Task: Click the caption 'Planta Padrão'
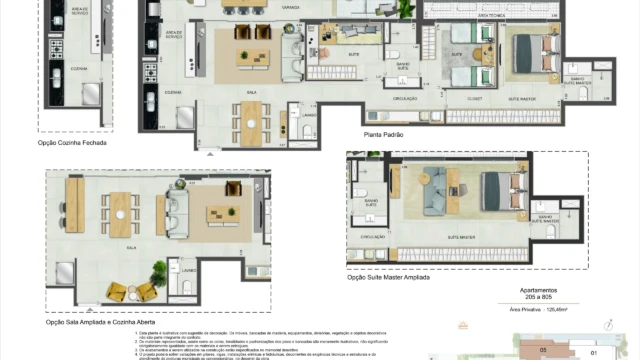385,132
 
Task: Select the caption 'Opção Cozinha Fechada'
72,143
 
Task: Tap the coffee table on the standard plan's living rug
246,55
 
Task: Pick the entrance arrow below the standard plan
210,153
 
